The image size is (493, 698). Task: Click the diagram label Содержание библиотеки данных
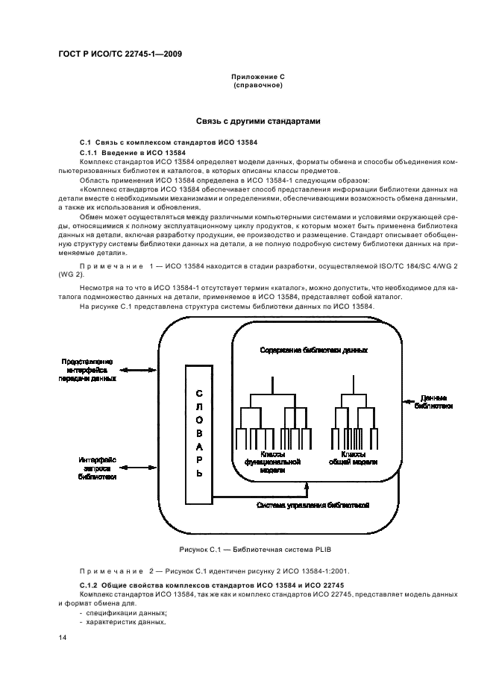(x=314, y=350)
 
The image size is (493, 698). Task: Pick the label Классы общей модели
(x=353, y=458)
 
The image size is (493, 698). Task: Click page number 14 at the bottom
(x=62, y=639)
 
